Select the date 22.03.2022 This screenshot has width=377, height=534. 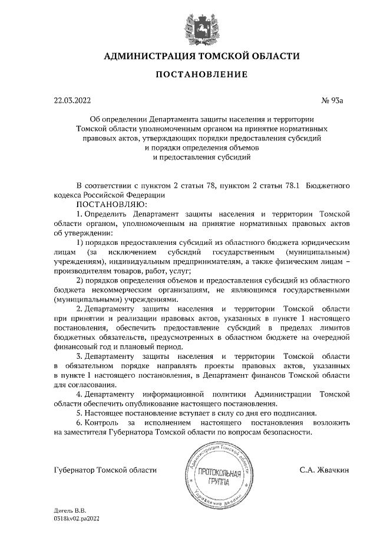tap(71, 100)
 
